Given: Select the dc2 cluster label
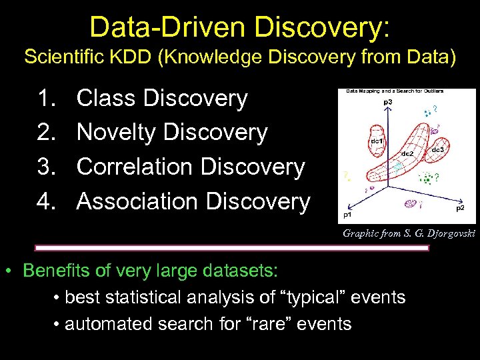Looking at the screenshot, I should tap(408, 153).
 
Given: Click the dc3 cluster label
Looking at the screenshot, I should tap(438, 149).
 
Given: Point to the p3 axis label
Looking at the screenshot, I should tap(387, 102).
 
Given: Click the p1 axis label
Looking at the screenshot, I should tap(347, 215).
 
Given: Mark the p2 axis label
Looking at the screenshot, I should tap(460, 208).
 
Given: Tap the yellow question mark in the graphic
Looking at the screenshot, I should tap(345, 175).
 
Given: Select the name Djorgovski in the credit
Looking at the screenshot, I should tap(450, 233).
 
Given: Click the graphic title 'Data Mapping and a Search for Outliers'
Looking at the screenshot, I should tap(394, 91).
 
